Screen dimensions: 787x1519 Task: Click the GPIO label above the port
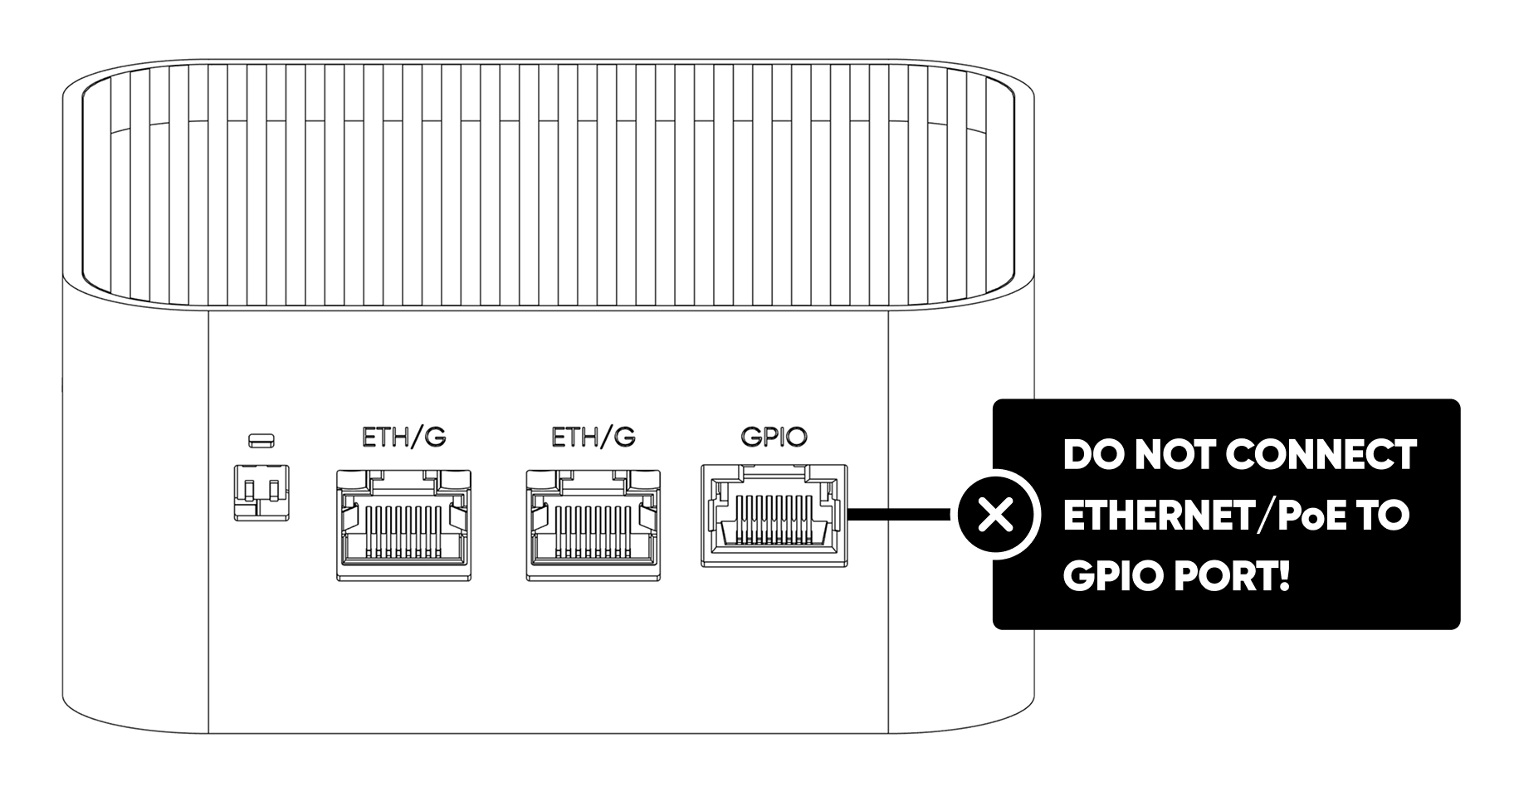click(773, 437)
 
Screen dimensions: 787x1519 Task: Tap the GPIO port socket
click(774, 516)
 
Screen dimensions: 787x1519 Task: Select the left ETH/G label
click(404, 437)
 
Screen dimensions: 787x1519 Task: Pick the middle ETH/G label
click(593, 437)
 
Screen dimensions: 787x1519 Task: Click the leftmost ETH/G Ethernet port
click(404, 525)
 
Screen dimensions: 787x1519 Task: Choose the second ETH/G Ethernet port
click(593, 525)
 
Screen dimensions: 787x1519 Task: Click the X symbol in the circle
click(996, 516)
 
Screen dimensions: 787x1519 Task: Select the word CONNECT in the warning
click(1320, 455)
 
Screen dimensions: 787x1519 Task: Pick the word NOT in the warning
click(1176, 455)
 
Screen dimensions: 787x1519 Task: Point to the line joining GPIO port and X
click(901, 516)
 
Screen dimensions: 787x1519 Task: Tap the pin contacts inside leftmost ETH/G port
click(404, 531)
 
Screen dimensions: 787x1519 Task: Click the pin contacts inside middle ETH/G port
click(593, 531)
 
